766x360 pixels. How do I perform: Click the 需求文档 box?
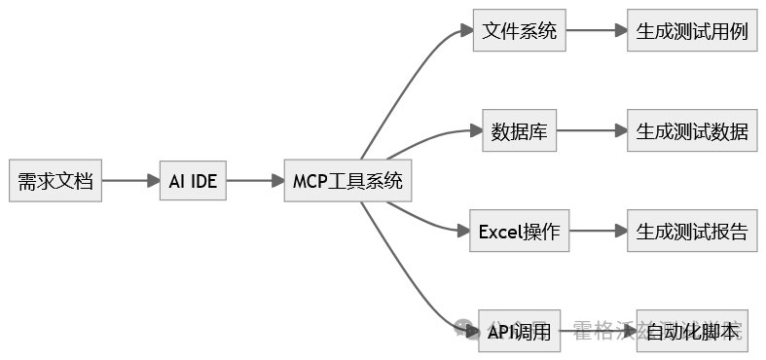point(55,181)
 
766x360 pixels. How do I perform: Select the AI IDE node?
point(193,181)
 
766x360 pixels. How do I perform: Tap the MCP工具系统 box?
point(347,181)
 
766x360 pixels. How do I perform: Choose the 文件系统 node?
point(520,30)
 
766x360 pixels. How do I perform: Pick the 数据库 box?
point(520,130)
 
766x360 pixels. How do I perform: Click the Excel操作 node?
point(520,232)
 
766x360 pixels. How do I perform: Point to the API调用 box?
point(520,332)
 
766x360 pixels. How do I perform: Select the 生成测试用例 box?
point(692,30)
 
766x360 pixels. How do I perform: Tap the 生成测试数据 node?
point(692,130)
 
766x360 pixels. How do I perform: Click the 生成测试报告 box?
point(692,232)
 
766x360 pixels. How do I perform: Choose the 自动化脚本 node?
point(692,332)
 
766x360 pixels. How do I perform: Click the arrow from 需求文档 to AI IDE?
point(129,181)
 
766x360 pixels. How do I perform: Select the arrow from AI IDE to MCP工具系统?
point(255,181)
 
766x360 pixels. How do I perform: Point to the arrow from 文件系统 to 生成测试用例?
point(597,30)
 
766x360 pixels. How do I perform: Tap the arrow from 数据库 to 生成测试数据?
point(592,130)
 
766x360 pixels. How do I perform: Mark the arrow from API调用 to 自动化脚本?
point(599,332)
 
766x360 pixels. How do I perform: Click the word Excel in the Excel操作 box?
point(500,232)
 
